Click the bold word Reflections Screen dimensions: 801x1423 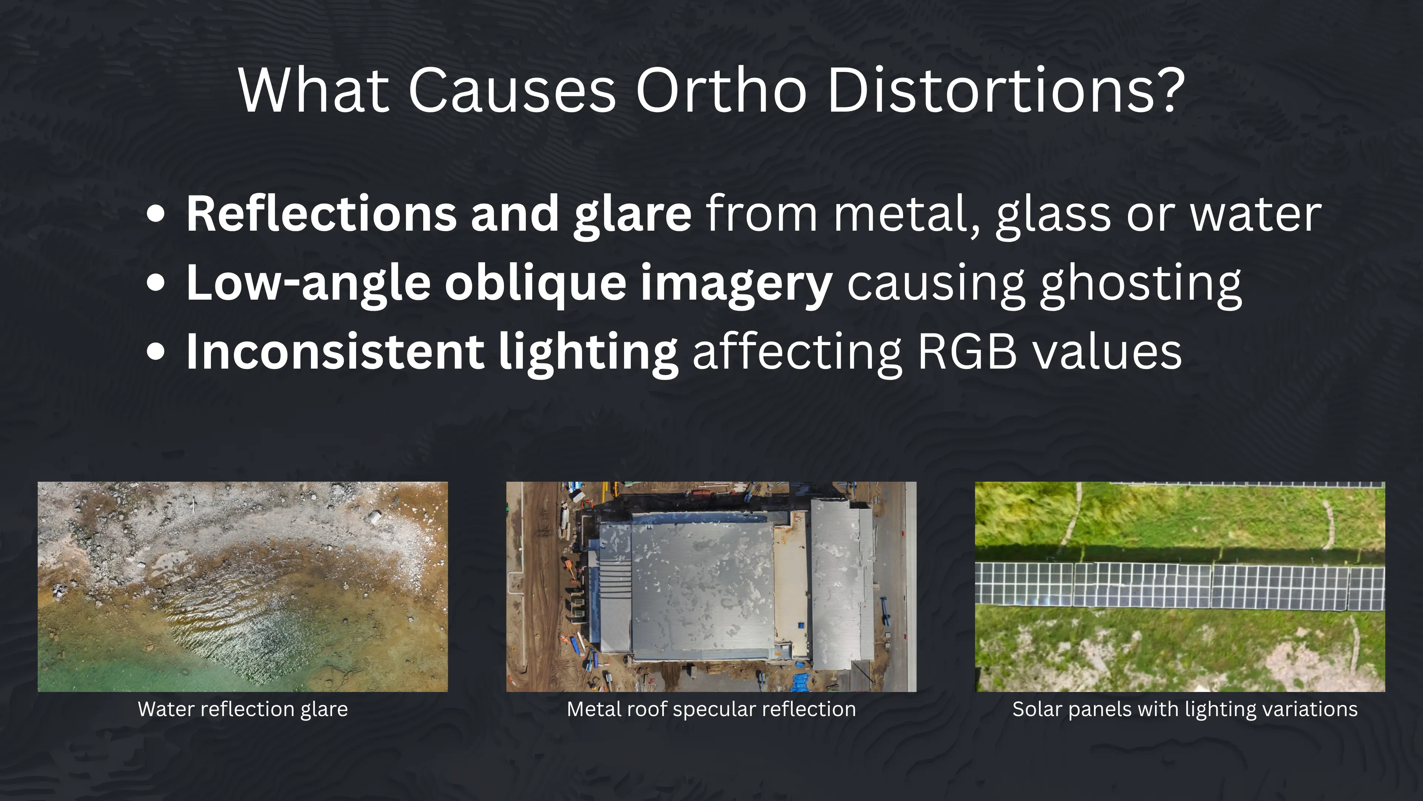click(321, 214)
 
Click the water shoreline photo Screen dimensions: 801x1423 click(242, 587)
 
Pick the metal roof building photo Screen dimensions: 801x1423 click(711, 587)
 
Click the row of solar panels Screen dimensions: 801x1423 click(1180, 585)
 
